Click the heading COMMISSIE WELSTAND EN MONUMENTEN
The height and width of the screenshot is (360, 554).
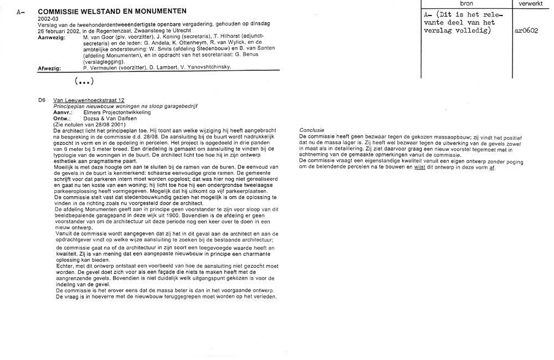pos(112,11)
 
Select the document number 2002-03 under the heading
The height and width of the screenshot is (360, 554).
pos(47,18)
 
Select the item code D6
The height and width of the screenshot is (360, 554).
pos(42,100)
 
